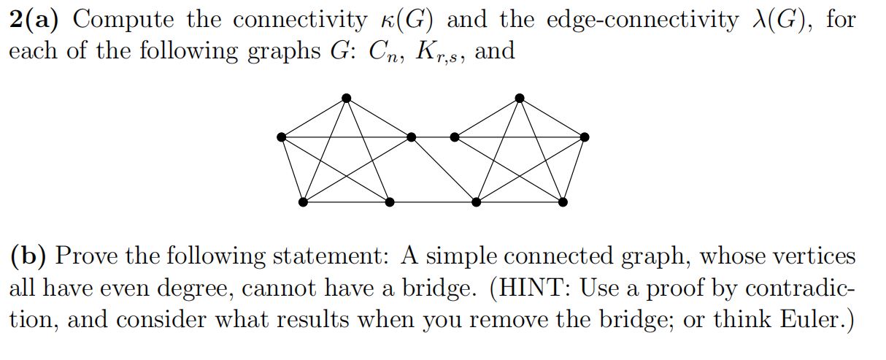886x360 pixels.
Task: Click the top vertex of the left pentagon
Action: (x=346, y=98)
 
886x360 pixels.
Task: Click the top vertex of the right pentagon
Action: (x=519, y=98)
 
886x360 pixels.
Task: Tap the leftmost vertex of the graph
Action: (x=282, y=137)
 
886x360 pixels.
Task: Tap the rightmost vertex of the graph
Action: (x=584, y=137)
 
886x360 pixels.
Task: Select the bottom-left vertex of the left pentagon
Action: (x=303, y=202)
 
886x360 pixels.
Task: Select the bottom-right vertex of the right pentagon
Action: (x=563, y=202)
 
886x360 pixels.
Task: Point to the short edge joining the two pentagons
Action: (x=433, y=137)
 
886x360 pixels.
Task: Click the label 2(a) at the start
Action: (x=36, y=20)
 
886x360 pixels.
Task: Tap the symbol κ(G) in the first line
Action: (x=405, y=20)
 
